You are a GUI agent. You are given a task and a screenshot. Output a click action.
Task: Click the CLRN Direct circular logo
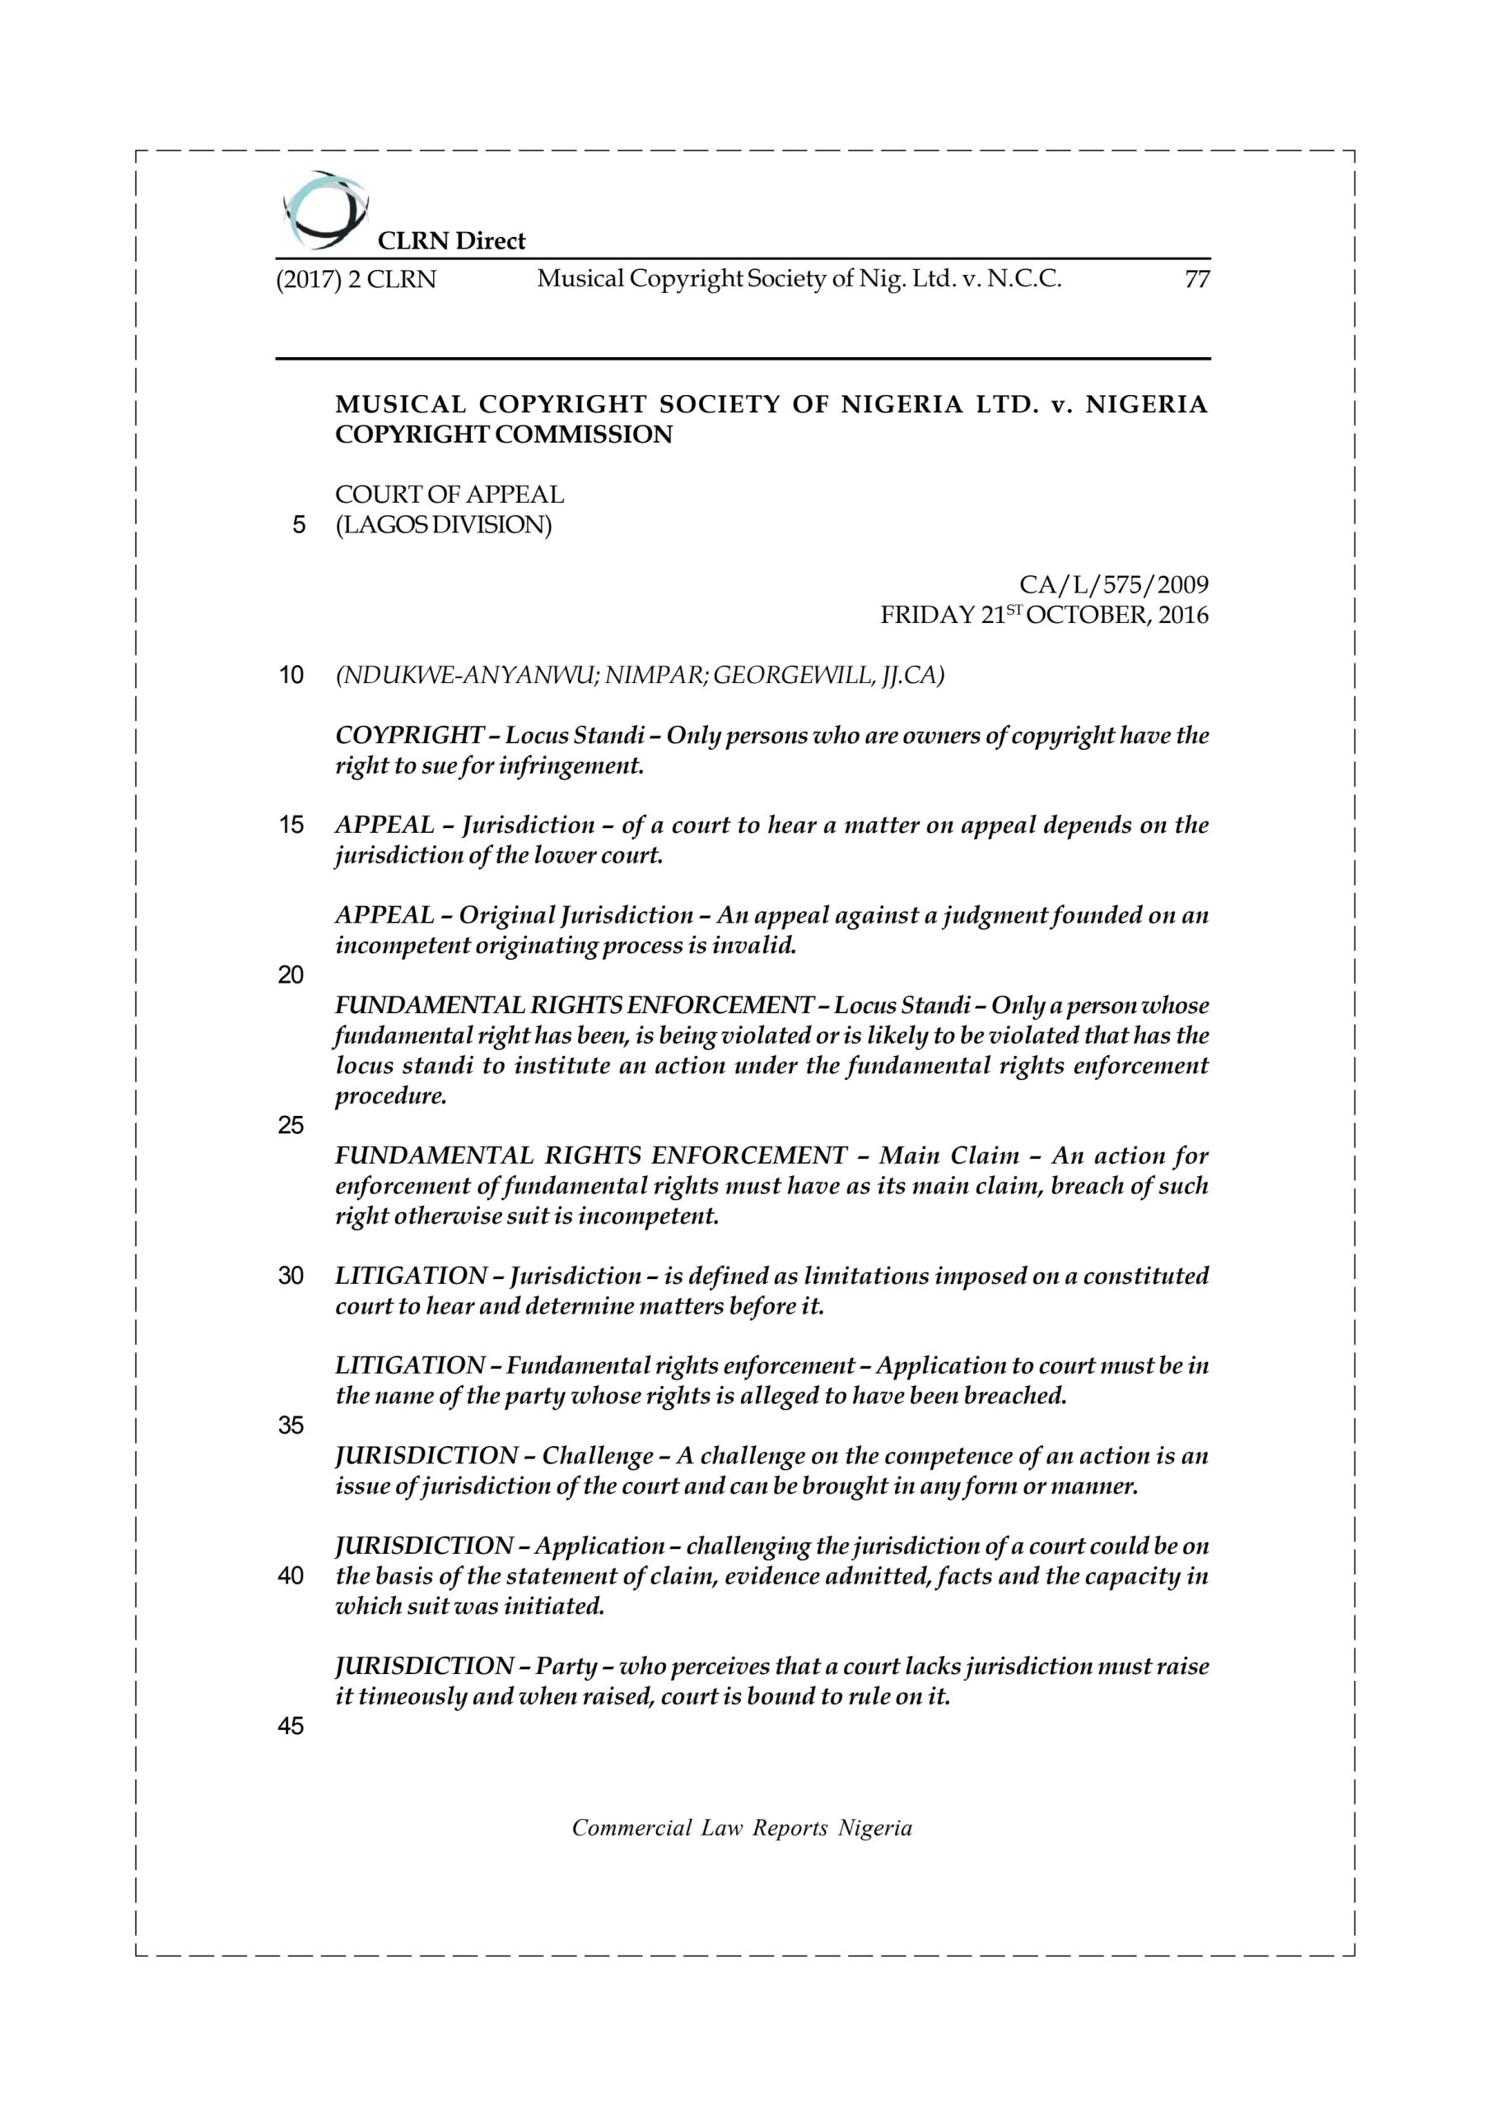(x=325, y=211)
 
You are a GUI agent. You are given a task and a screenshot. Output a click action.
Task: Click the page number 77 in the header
(x=1197, y=280)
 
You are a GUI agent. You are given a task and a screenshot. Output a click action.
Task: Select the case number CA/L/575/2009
(x=1114, y=584)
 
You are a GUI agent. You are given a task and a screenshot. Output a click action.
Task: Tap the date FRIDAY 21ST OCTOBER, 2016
(x=1044, y=615)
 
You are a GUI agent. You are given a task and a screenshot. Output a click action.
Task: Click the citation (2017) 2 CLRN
(x=356, y=280)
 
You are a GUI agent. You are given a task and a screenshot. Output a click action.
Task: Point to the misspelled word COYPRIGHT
(x=409, y=736)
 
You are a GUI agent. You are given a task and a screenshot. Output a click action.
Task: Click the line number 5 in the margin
(x=297, y=526)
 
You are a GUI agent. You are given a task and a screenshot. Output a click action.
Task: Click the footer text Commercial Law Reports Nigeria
(x=742, y=1829)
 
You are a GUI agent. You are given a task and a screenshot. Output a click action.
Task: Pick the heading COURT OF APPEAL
(x=449, y=495)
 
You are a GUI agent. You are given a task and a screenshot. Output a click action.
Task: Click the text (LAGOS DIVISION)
(x=444, y=525)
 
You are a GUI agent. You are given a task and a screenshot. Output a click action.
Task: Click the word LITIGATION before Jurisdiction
(x=410, y=1277)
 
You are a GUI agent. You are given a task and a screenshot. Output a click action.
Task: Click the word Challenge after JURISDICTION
(x=597, y=1456)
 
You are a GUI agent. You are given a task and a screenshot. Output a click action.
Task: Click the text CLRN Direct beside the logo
(x=452, y=241)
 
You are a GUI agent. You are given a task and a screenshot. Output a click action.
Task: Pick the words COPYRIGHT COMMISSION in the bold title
(x=503, y=435)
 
